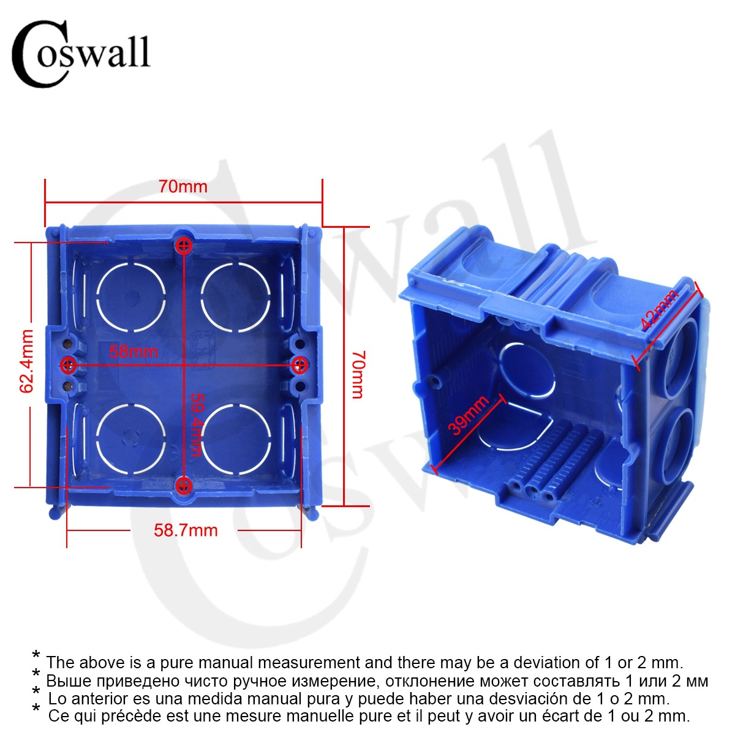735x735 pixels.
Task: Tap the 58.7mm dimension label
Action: [x=186, y=530]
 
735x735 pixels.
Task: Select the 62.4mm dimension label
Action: [x=27, y=361]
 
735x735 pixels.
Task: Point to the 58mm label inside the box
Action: [x=134, y=352]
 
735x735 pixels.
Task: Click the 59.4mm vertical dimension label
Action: [x=195, y=424]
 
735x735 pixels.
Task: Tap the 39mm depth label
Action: [x=468, y=415]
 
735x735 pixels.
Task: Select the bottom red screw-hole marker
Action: [x=183, y=486]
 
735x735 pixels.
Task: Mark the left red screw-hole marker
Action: [x=69, y=365]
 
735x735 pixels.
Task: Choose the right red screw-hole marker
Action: [x=299, y=365]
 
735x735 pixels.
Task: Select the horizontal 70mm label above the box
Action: [x=183, y=187]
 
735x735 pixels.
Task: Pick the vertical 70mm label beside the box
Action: [x=358, y=374]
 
